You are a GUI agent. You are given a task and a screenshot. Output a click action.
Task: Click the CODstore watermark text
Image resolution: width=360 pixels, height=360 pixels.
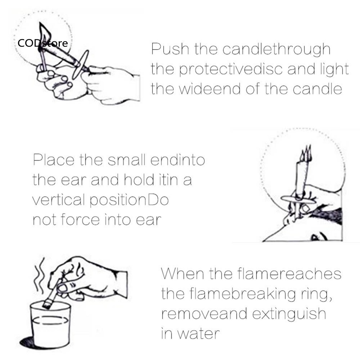tap(43, 43)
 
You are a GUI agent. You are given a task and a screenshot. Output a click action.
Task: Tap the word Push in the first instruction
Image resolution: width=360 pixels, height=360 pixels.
tap(170, 49)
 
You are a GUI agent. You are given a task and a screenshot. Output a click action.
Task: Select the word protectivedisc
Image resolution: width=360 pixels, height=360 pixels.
tap(231, 69)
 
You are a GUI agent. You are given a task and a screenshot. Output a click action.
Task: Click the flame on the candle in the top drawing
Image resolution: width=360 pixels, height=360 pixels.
tap(45, 35)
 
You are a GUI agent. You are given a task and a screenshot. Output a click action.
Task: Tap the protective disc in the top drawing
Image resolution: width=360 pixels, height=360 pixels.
tap(80, 65)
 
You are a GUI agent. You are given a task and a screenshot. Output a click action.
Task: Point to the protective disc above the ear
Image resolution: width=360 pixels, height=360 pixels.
tap(298, 199)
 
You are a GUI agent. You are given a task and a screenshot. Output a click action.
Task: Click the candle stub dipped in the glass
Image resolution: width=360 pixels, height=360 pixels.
tap(51, 296)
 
